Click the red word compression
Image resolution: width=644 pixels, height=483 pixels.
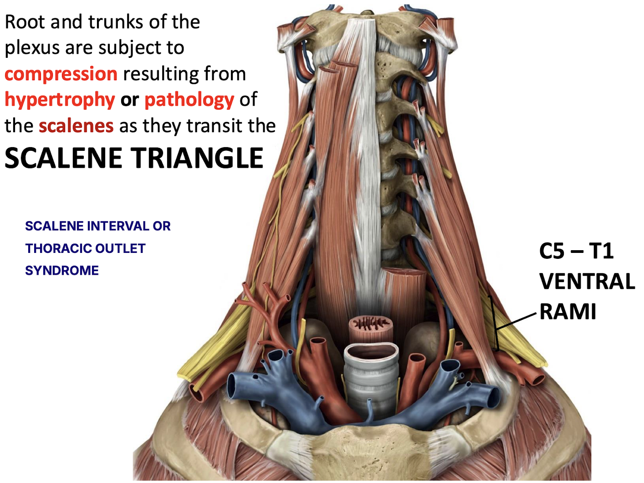click(x=61, y=74)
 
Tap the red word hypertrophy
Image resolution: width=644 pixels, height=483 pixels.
click(x=60, y=100)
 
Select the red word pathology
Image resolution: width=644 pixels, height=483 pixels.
click(x=189, y=100)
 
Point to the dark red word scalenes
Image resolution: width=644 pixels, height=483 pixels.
click(x=76, y=126)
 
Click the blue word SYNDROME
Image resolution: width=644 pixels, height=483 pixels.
click(x=62, y=271)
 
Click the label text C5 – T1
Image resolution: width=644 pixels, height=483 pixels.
click(x=576, y=251)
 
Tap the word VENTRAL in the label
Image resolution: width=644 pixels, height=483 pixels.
click(x=587, y=282)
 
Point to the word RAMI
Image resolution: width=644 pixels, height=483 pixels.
click(x=568, y=312)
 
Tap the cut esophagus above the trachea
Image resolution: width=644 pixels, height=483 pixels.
click(x=371, y=325)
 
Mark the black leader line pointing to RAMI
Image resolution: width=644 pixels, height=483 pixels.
click(x=517, y=321)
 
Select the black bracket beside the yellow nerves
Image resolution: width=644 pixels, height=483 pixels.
click(x=494, y=324)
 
